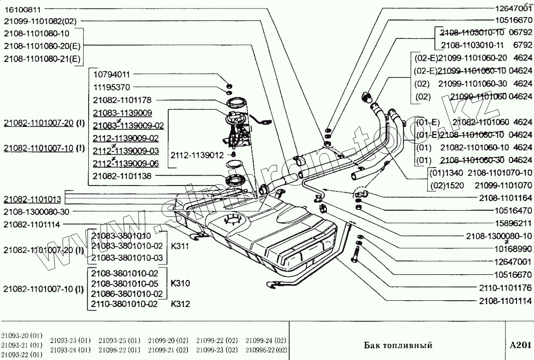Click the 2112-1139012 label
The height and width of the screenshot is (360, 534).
pyautogui.click(x=197, y=154)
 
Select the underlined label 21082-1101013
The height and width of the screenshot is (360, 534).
pyautogui.click(x=32, y=199)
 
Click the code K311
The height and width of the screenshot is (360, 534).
pyautogui.click(x=180, y=246)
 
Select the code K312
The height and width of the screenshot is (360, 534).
pyautogui.click(x=180, y=304)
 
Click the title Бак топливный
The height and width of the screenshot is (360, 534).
pyautogui.click(x=398, y=345)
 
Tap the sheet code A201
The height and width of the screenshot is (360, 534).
pyautogui.click(x=520, y=345)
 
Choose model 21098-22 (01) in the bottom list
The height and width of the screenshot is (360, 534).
pyautogui.click(x=119, y=350)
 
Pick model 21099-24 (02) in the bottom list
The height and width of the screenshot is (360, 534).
pyautogui.click(x=266, y=340)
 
